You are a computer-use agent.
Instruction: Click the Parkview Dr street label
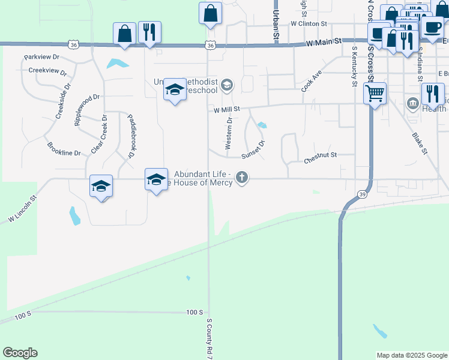[x=42, y=58]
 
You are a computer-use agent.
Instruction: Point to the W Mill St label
[x=226, y=110]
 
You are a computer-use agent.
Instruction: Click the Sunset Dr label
[x=253, y=151]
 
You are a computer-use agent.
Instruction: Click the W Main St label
[x=323, y=43]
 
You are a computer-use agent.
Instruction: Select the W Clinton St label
[x=308, y=24]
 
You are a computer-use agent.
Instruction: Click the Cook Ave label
[x=312, y=82]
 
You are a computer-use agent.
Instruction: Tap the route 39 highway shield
[x=361, y=194]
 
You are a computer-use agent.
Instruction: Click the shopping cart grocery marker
[x=375, y=93]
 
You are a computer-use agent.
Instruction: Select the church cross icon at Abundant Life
[x=242, y=177]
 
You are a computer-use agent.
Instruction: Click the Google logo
[x=20, y=353]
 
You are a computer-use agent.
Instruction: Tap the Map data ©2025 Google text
[x=412, y=355]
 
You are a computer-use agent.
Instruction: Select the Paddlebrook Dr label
[x=129, y=137]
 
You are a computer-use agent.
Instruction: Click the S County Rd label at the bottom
[x=210, y=340]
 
